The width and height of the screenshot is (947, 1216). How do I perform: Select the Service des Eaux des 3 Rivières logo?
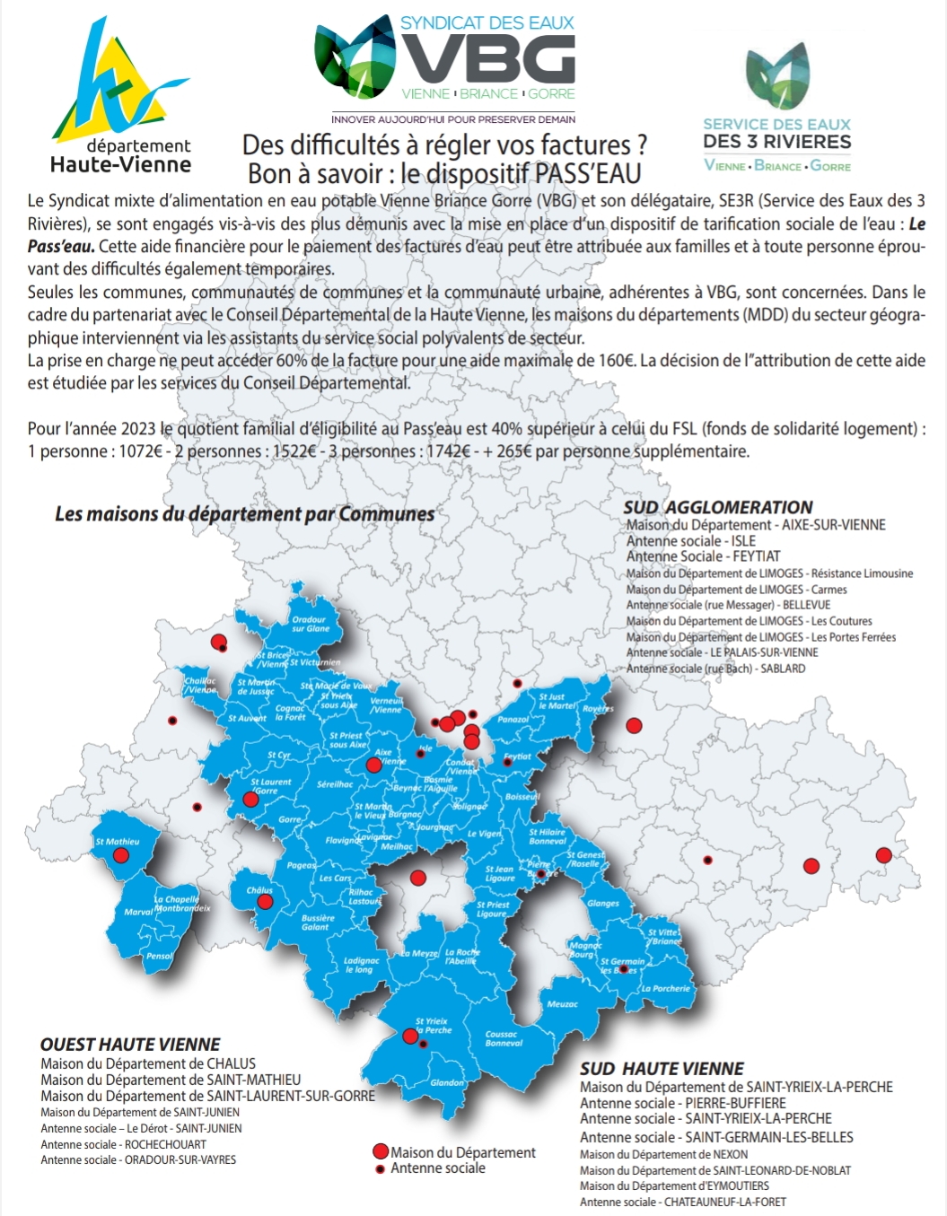(x=777, y=108)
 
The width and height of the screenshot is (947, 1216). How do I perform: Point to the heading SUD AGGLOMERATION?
(x=718, y=507)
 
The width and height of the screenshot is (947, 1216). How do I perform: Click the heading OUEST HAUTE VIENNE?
(x=130, y=1045)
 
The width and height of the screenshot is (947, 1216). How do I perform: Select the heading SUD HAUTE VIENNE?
(x=662, y=1069)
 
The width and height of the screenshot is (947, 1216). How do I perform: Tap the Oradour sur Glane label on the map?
(x=310, y=624)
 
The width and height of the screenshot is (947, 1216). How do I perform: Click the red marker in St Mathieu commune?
(x=120, y=855)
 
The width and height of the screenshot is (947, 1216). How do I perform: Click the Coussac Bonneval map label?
(x=504, y=1038)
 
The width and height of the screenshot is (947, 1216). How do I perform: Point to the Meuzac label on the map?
(x=562, y=1004)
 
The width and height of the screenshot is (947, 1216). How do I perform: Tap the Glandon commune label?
(x=447, y=1082)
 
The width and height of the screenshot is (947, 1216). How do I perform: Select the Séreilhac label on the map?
(x=335, y=784)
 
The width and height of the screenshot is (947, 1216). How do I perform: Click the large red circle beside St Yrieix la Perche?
(x=409, y=1036)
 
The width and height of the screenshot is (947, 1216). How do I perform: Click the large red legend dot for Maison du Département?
(x=380, y=1152)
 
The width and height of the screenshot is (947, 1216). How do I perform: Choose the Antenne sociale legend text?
(x=438, y=1168)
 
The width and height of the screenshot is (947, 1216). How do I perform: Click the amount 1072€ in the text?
(x=142, y=451)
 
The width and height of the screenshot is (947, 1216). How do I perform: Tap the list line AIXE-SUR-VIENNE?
(x=755, y=525)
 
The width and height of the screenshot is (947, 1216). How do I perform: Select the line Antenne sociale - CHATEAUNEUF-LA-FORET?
(x=682, y=1202)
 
